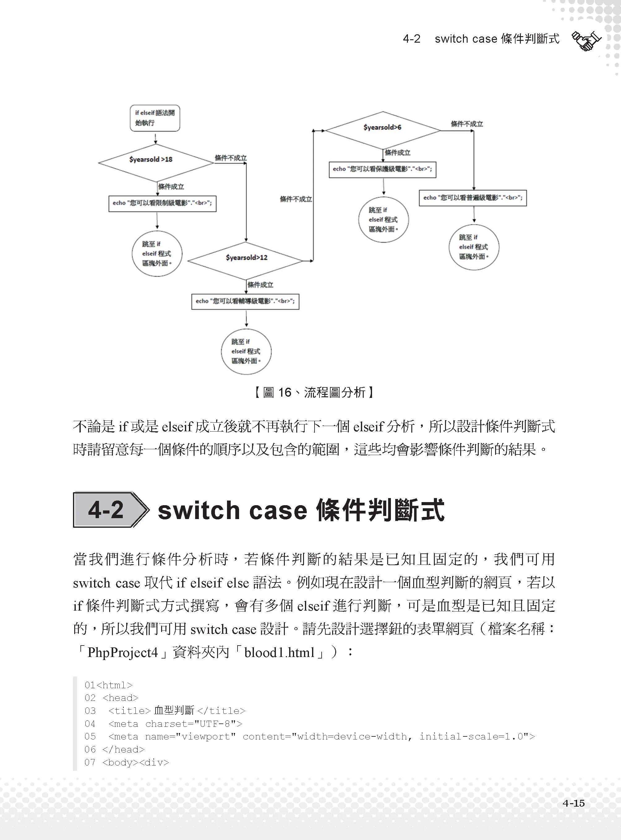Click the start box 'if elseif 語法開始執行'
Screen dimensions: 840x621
click(155, 118)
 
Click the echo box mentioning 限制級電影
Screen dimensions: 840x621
click(162, 203)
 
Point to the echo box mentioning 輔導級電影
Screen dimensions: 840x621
click(245, 301)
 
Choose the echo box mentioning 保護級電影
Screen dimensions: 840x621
click(382, 169)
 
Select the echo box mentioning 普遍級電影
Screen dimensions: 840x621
click(473, 198)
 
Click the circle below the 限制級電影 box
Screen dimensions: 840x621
click(157, 254)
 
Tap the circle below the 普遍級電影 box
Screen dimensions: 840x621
click(474, 247)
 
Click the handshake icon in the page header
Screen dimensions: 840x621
click(586, 41)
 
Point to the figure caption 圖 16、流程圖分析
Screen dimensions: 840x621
click(314, 393)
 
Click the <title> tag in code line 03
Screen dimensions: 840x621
click(129, 711)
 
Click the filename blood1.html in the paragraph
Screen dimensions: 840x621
click(279, 652)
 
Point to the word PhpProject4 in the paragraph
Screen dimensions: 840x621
click(122, 652)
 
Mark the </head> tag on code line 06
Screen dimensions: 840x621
click(123, 749)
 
